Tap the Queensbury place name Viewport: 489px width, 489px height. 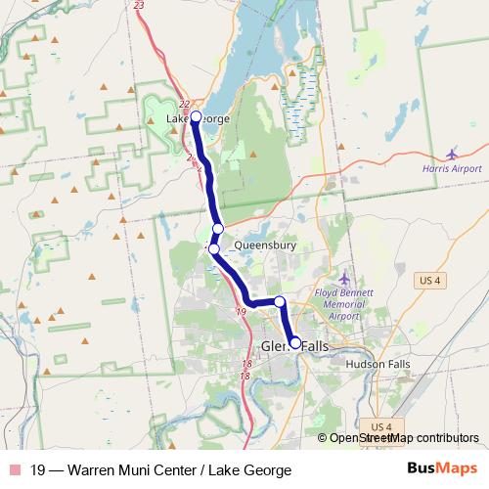[264, 246]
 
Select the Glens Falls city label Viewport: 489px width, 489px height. [295, 347]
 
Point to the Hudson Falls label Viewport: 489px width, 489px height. [378, 364]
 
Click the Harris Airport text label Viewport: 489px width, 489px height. [452, 169]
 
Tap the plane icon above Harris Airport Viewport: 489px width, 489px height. [451, 154]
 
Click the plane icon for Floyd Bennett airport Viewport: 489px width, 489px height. [342, 282]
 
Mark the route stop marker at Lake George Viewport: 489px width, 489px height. [196, 117]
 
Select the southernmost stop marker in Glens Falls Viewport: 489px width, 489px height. [294, 343]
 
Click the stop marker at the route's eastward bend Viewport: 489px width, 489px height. [279, 301]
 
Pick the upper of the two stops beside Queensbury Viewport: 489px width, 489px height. [218, 230]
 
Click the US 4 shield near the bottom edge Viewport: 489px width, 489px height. [381, 427]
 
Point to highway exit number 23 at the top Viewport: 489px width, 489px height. [139, 6]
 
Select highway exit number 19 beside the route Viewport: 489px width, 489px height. [241, 312]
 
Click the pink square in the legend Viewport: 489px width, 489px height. [14, 468]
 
